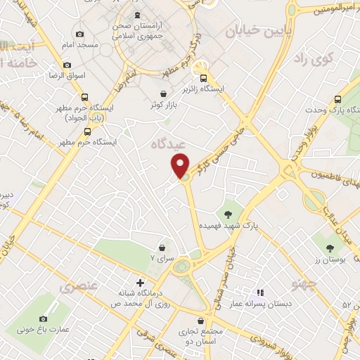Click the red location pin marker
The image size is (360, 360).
click(181, 165)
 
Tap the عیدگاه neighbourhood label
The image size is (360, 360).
click(167, 144)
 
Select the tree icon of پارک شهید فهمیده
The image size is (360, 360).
click(229, 213)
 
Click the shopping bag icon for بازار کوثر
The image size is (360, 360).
click(163, 94)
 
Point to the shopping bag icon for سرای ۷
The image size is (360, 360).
click(163, 247)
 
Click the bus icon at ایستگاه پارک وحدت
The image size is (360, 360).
click(337, 99)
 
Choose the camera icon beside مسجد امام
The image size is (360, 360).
click(79, 34)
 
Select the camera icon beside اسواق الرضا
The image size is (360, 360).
click(67, 65)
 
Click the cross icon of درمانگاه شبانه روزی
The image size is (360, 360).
click(141, 283)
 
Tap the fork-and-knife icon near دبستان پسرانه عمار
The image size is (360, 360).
click(259, 292)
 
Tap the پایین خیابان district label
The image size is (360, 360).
click(253, 31)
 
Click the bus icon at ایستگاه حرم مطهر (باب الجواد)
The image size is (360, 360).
click(84, 98)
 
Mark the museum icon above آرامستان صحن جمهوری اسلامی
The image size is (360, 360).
click(136, 15)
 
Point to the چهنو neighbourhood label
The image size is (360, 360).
click(307, 282)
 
